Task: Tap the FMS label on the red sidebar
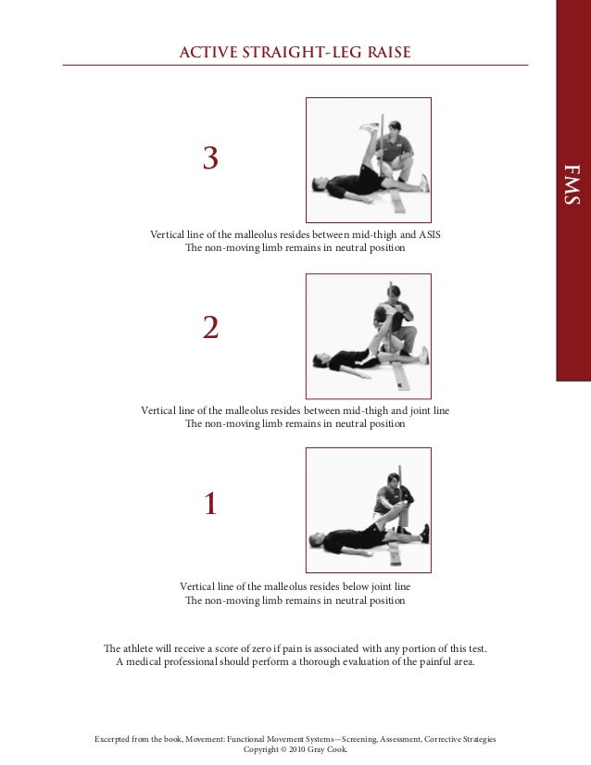(x=572, y=184)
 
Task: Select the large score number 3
(x=210, y=157)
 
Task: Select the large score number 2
(x=210, y=327)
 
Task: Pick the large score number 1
(x=210, y=503)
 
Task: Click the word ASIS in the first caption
(x=430, y=234)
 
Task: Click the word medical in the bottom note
(x=144, y=662)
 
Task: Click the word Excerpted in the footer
(x=112, y=739)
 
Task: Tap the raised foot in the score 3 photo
(x=370, y=128)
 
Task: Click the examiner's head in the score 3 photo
(x=395, y=128)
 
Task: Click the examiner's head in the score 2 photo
(x=394, y=294)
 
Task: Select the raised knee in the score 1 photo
(x=402, y=507)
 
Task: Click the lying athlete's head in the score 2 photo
(x=320, y=360)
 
